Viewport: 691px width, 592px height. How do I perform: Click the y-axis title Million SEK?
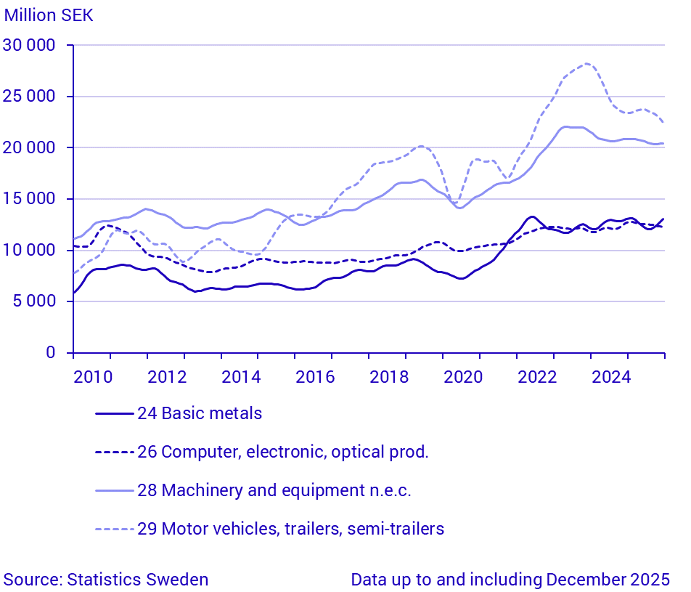tap(49, 15)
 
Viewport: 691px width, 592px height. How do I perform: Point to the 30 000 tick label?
tap(30, 46)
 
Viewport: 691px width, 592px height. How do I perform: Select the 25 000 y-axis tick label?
tap(30, 97)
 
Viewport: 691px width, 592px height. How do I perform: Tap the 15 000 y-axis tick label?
tap(30, 199)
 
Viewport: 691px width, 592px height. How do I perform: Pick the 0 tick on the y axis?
tap(50, 353)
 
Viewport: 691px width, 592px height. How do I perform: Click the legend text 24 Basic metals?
tap(200, 413)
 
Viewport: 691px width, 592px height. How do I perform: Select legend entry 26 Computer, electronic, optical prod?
tap(283, 452)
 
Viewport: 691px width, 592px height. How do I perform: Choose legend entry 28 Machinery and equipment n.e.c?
tap(274, 490)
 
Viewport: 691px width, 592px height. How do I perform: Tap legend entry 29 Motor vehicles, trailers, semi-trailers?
tap(290, 529)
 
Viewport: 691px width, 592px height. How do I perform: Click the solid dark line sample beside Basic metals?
tap(115, 413)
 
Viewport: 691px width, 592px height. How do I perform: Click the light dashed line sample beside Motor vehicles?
tap(115, 529)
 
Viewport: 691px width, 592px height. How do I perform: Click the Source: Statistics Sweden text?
tap(106, 580)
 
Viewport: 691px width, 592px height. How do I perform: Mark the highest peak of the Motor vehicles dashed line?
tap(586, 64)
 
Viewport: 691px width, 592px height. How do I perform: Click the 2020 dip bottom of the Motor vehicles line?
tap(455, 203)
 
